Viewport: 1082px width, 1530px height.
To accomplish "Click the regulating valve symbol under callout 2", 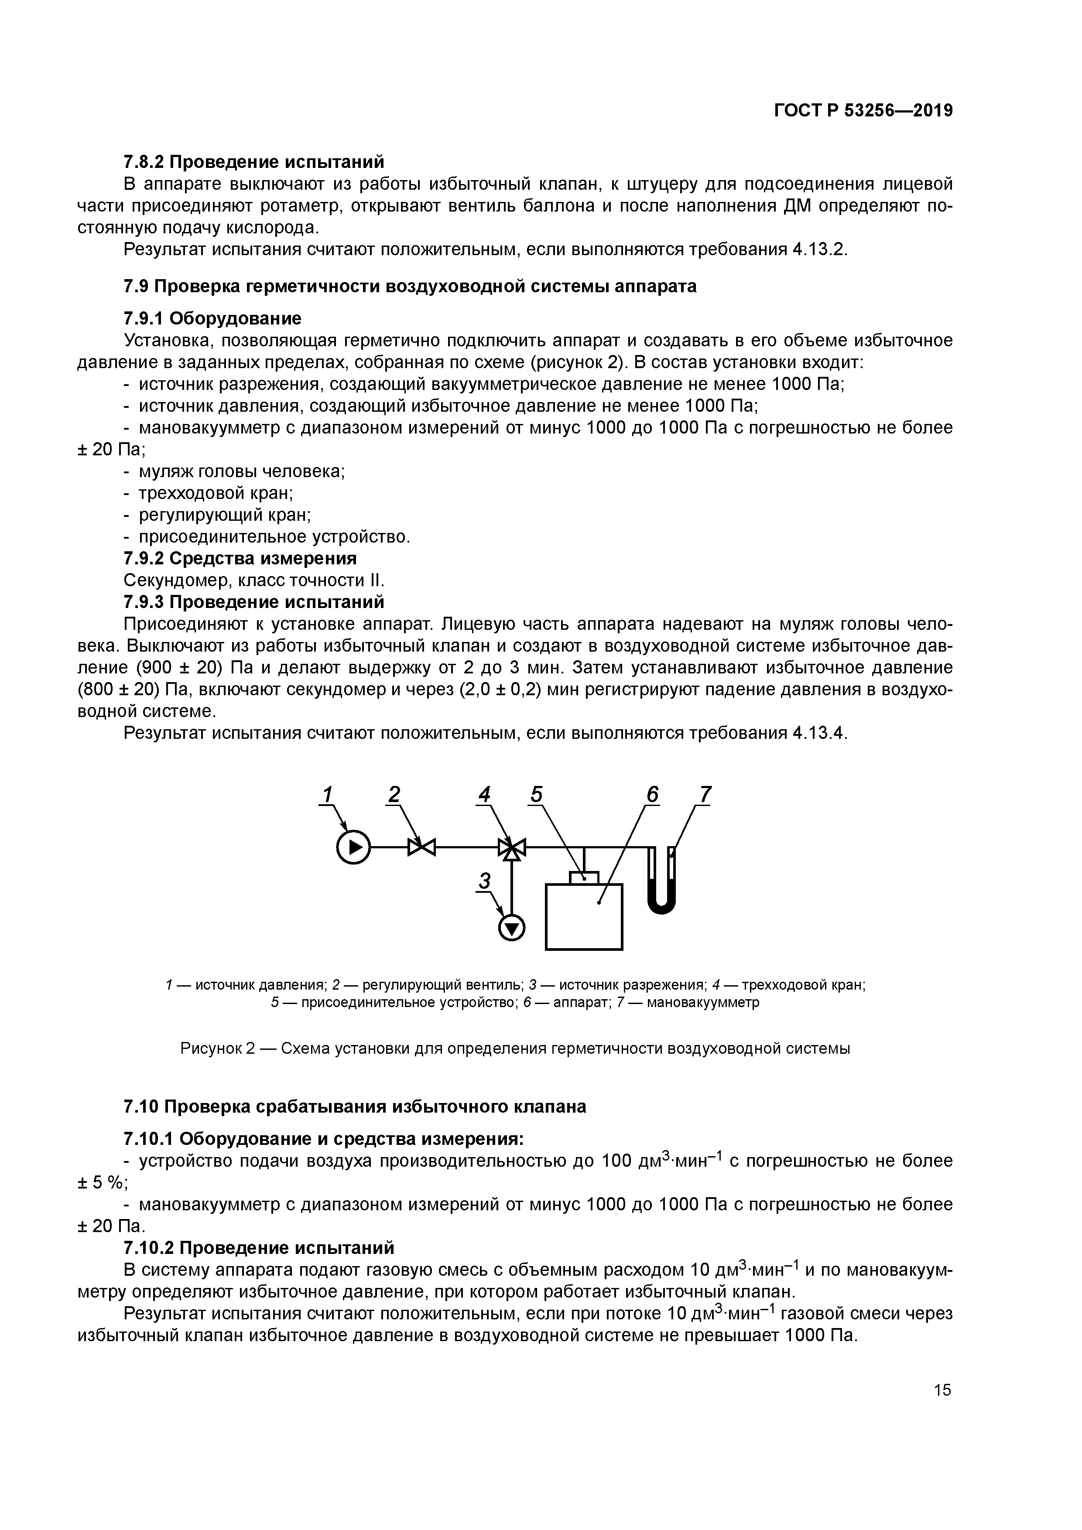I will (421, 847).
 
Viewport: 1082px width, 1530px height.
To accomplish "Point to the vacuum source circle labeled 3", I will (512, 927).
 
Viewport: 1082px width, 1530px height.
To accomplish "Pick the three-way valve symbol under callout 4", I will (512, 847).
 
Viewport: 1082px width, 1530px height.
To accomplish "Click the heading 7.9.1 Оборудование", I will (212, 318).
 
